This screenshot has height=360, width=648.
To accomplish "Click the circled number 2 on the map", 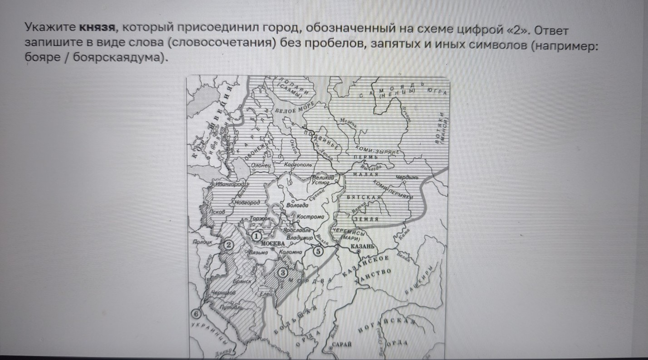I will tap(229, 245).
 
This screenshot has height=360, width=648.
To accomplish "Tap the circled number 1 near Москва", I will tap(257, 236).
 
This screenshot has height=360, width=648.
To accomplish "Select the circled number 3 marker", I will tap(282, 272).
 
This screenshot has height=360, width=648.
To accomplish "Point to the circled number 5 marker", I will tap(318, 251).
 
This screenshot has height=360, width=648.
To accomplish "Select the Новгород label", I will tap(247, 202).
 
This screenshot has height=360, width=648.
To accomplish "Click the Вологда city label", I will tap(298, 205).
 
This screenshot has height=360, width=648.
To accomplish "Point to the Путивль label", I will tap(230, 307).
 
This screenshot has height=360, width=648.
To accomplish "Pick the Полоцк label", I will tap(202, 243).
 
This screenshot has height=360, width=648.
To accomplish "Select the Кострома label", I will tap(311, 217).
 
